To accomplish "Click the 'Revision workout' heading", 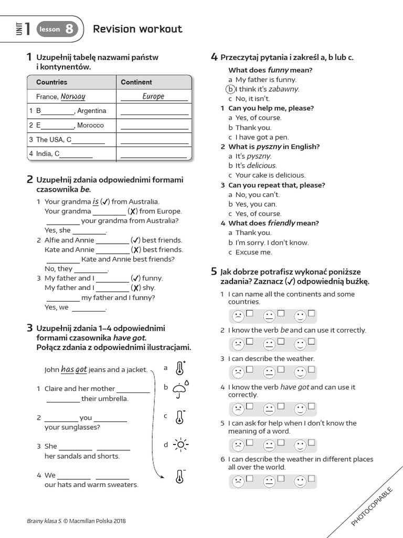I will click(x=137, y=29).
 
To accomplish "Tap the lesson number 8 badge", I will click(x=69, y=29).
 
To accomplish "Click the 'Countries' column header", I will click(x=51, y=82).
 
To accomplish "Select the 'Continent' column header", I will click(x=136, y=82).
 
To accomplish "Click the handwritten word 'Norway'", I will click(x=73, y=97).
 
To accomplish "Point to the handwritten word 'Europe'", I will click(x=153, y=96).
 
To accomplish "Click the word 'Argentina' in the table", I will click(x=92, y=111).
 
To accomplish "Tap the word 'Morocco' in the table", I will click(x=91, y=126).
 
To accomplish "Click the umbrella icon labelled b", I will click(x=181, y=389).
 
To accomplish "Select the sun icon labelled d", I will click(x=181, y=444).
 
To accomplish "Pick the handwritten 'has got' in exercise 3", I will click(x=73, y=369).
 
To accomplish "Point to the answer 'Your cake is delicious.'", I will click(x=270, y=175).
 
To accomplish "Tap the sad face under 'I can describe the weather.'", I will click(x=238, y=373).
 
